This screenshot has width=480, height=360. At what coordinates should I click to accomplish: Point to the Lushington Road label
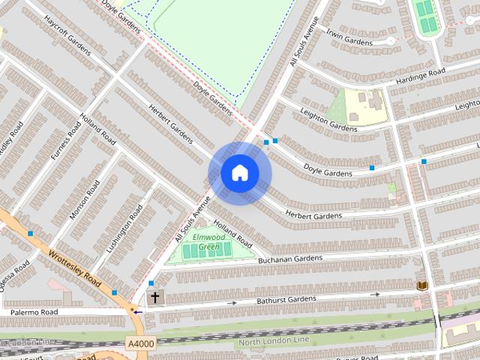pos(124,227)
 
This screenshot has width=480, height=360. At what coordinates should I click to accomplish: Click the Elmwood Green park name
pos(208,241)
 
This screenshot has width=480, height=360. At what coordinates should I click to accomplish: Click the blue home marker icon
pos(239,173)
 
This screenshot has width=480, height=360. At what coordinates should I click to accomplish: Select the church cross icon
pos(155,297)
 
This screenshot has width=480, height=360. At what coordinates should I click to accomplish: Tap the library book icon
pos(421,286)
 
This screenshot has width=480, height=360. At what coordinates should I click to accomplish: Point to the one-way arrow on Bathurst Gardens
pos(232,303)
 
